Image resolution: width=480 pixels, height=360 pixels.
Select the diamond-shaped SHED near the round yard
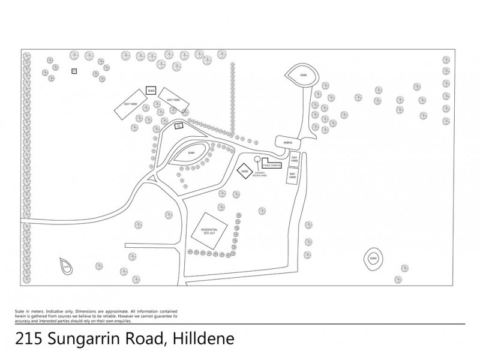244,172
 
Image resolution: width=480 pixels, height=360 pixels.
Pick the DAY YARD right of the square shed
174,100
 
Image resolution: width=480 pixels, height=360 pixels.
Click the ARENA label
287,142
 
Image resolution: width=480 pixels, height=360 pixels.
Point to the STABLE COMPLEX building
272,164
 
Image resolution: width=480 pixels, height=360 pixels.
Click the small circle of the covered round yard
257,160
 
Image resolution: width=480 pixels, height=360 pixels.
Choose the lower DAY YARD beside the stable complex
292,176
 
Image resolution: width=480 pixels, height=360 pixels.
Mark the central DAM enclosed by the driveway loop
192,153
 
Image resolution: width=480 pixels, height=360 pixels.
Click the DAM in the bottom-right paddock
373,258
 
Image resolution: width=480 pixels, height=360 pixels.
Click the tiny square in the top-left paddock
74,71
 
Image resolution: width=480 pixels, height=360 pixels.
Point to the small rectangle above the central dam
178,126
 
